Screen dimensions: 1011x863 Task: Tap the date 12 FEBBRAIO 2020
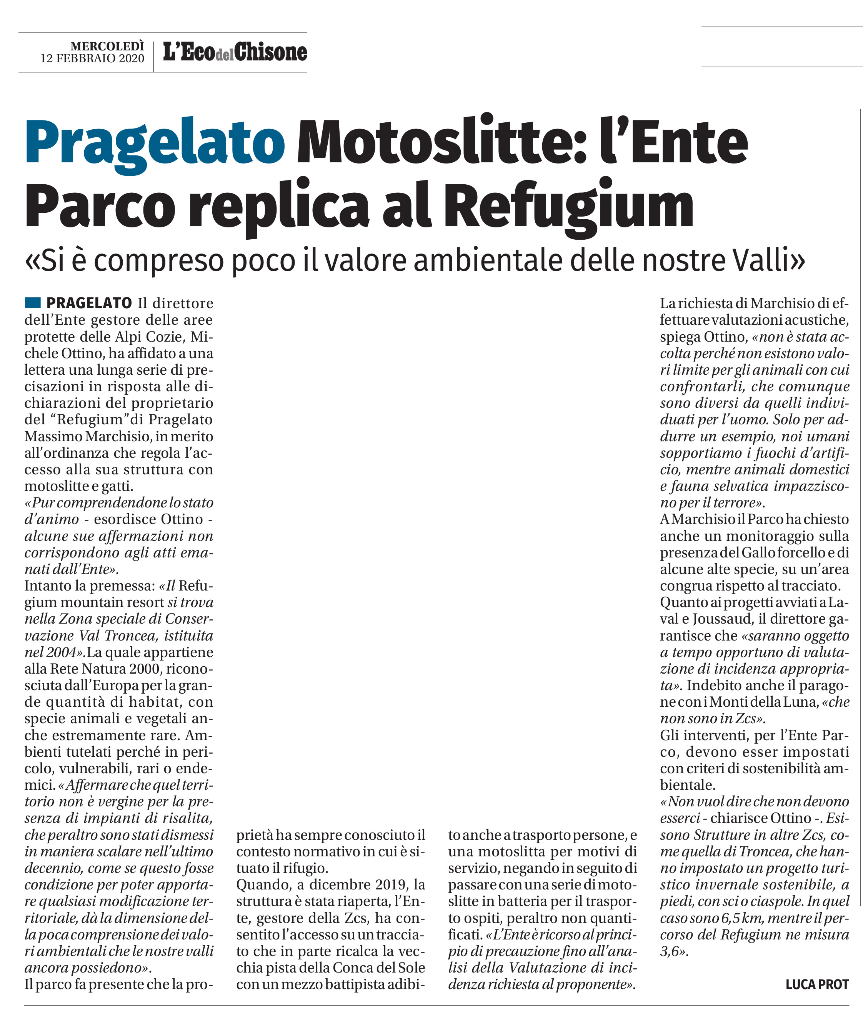(x=93, y=59)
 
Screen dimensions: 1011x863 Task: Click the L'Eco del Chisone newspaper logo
(x=235, y=52)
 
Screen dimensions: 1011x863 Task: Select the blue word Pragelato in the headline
(x=155, y=142)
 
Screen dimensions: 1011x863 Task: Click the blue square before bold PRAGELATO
(x=33, y=302)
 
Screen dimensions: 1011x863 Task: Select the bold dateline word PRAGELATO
(x=89, y=303)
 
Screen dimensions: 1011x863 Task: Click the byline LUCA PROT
(x=817, y=984)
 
